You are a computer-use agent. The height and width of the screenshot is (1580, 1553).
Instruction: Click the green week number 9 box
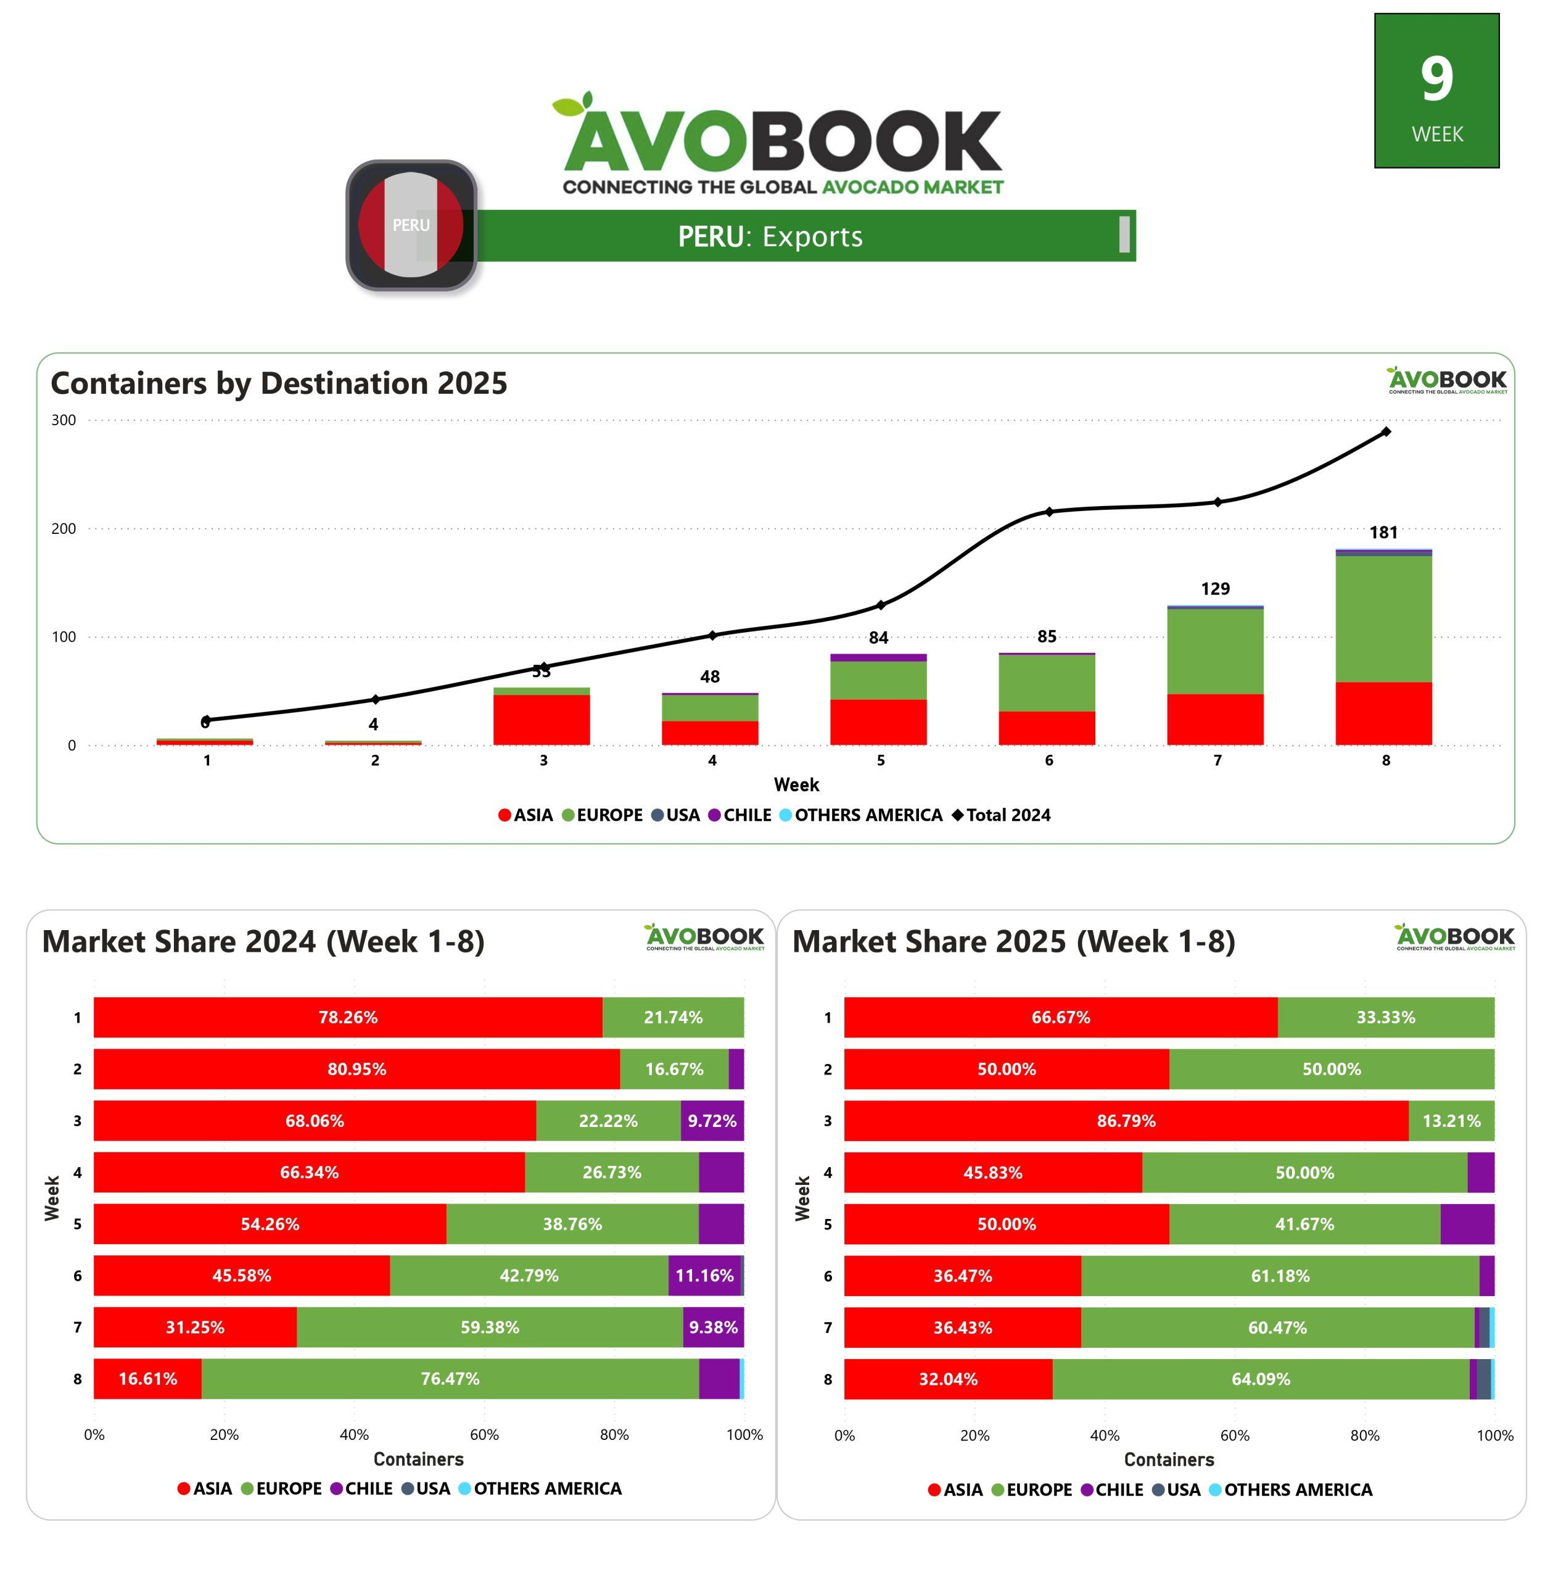(x=1436, y=91)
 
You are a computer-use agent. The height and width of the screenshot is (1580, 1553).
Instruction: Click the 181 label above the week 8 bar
(x=1383, y=533)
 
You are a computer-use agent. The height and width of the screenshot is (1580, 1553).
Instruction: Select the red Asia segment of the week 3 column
(x=542, y=719)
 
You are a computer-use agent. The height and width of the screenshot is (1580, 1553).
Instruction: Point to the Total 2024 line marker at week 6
(x=1049, y=512)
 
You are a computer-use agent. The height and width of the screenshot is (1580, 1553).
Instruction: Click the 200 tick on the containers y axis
(x=64, y=529)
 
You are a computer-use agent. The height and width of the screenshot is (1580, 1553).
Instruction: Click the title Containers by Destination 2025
(x=279, y=383)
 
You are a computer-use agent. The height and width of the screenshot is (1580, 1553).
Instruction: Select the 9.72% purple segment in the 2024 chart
(x=712, y=1121)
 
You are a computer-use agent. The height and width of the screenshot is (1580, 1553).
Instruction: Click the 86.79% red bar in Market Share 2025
(x=1126, y=1121)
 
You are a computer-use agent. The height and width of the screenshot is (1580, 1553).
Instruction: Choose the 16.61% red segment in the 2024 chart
(x=147, y=1378)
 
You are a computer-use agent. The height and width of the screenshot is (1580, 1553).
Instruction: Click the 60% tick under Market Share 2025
(x=1234, y=1435)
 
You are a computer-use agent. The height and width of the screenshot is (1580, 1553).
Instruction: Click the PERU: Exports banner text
(x=770, y=236)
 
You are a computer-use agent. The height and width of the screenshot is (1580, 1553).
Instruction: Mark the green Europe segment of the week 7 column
(x=1214, y=651)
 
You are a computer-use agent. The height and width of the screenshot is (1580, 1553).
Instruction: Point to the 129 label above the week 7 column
(x=1214, y=588)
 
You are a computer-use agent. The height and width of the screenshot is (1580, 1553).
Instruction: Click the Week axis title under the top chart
(x=796, y=784)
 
